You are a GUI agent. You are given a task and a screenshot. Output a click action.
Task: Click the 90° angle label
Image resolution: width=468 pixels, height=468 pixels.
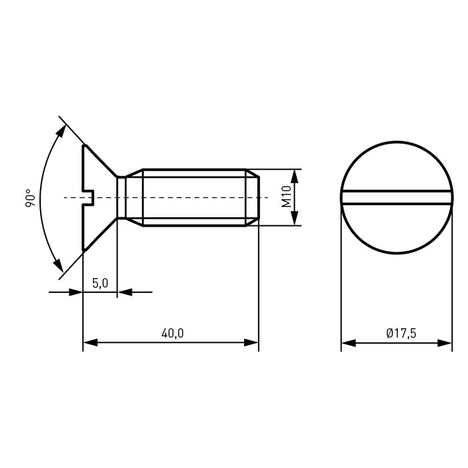(30, 198)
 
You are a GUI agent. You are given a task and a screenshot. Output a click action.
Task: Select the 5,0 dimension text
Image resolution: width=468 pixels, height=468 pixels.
(100, 283)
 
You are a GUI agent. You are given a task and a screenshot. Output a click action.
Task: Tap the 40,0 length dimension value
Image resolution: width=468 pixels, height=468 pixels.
(172, 333)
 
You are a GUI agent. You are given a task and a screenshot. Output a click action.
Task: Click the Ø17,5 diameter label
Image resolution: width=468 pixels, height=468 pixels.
(401, 333)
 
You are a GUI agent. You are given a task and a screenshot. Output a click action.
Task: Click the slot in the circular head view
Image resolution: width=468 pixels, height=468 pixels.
(396, 198)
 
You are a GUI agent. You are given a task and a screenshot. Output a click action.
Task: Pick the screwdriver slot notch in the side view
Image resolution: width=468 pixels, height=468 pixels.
(89, 198)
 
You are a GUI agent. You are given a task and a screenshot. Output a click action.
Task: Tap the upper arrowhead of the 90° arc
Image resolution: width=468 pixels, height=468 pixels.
(62, 131)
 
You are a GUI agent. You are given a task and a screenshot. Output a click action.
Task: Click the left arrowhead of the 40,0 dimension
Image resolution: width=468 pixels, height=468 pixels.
(90, 342)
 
